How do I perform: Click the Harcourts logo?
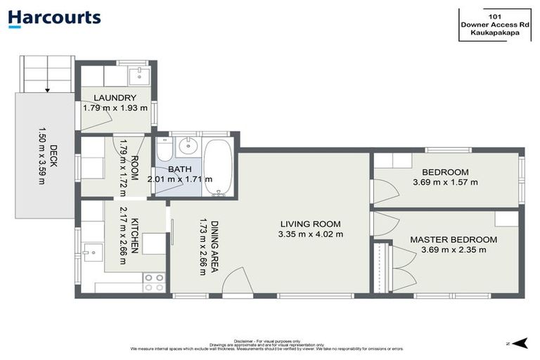point(54,19)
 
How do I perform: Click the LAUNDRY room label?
point(115,98)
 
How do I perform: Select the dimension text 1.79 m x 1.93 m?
point(115,108)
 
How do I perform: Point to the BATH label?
point(179,169)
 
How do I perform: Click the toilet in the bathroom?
point(163,150)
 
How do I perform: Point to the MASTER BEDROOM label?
point(453,239)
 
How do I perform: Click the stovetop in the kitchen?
point(154,282)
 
